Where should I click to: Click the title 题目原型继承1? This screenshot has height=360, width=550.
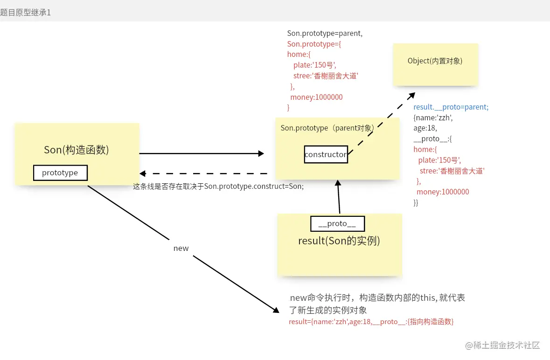coord(26,13)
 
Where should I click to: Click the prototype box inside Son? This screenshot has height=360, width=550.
coord(60,173)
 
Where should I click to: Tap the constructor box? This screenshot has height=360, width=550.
coord(326,154)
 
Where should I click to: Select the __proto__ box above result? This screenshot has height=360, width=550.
coord(337,224)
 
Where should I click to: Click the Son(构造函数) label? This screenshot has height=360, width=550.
coord(77,150)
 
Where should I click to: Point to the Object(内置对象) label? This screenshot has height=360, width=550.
coord(435,61)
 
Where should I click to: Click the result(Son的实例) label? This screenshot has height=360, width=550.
coord(339,241)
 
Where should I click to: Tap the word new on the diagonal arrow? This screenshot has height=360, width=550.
coord(181,248)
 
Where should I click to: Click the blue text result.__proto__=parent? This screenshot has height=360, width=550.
coord(451,107)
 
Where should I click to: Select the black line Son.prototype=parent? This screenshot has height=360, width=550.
coord(325,34)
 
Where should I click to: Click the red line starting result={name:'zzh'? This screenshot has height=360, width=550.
coord(371,322)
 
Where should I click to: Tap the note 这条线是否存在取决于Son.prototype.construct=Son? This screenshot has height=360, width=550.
coord(218,187)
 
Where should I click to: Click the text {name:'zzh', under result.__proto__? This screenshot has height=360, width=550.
coord(433,118)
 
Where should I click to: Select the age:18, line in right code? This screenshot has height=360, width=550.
coord(425,128)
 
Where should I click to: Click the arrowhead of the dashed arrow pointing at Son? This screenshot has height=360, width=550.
coord(143,173)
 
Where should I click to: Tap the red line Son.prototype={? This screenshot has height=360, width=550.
coord(314,44)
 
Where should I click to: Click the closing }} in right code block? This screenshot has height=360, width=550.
coord(416,202)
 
